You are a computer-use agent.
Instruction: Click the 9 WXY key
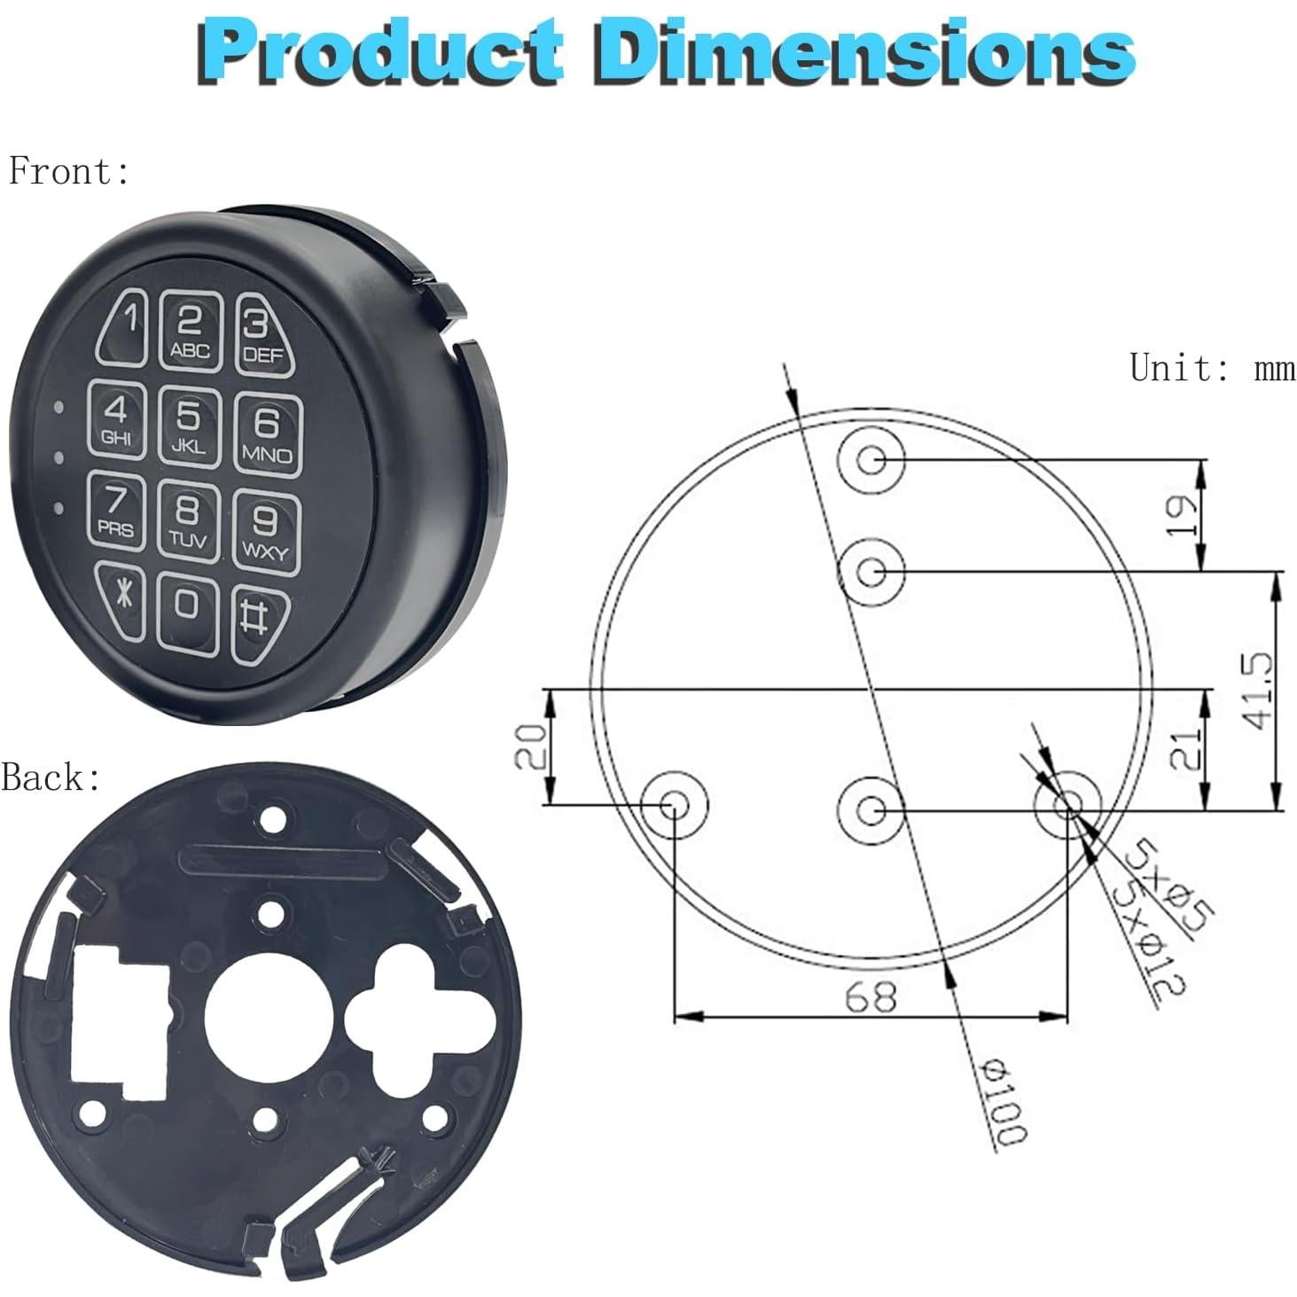(x=265, y=531)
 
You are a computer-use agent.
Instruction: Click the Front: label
(x=69, y=171)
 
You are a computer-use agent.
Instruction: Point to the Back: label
(x=51, y=777)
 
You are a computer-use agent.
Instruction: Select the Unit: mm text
(x=1211, y=367)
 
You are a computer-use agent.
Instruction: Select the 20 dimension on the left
(x=530, y=746)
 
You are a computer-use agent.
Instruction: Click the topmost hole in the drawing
(x=871, y=458)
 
